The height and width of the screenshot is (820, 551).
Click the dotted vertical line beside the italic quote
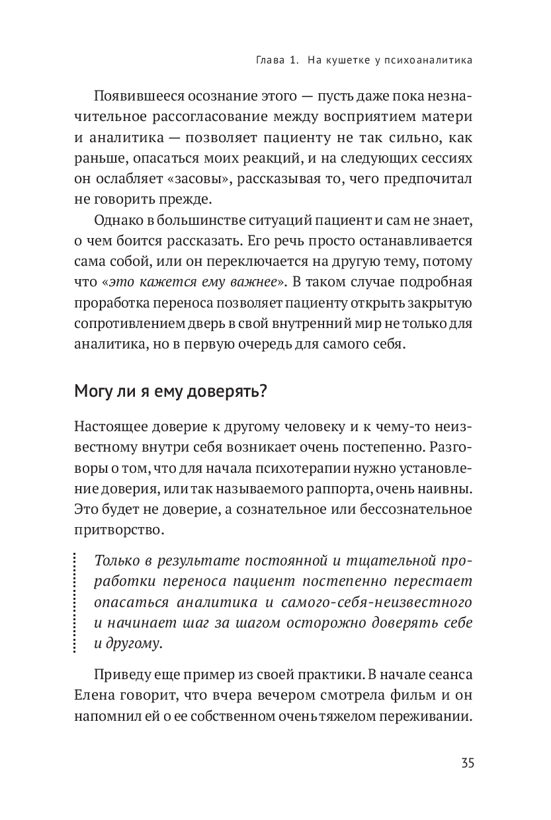(x=75, y=604)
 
